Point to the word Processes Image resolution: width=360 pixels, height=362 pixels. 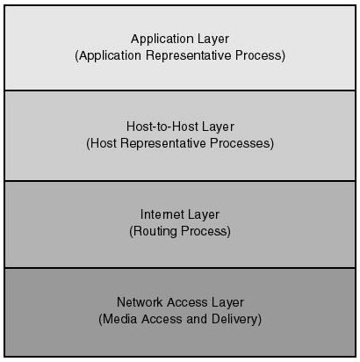coord(241,143)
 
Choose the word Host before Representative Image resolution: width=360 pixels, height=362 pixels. coord(103,143)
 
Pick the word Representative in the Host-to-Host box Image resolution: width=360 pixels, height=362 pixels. coord(163,143)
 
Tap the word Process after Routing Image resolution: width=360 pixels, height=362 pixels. coord(204,231)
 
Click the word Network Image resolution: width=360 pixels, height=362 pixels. coord(140,302)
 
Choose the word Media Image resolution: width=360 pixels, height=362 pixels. coord(119,319)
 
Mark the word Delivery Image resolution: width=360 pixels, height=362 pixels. coord(234,320)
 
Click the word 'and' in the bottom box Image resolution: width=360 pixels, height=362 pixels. coord(197,319)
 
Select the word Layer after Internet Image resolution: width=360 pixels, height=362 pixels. coord(204,215)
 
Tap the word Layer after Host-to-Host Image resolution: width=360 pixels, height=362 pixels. coord(218,127)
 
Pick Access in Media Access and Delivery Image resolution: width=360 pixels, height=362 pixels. coord(162,319)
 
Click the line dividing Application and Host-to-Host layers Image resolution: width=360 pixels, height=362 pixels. coord(180,90)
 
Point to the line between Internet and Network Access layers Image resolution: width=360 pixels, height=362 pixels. coord(180,268)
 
